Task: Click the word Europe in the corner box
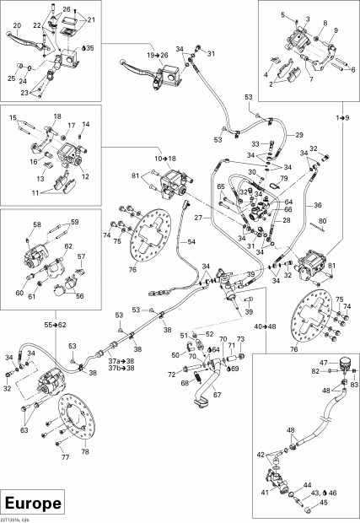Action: pos(33,503)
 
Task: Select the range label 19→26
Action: pos(157,55)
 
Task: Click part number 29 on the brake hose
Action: pos(298,134)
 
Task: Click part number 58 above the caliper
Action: pos(36,224)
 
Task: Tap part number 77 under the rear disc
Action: pos(64,458)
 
